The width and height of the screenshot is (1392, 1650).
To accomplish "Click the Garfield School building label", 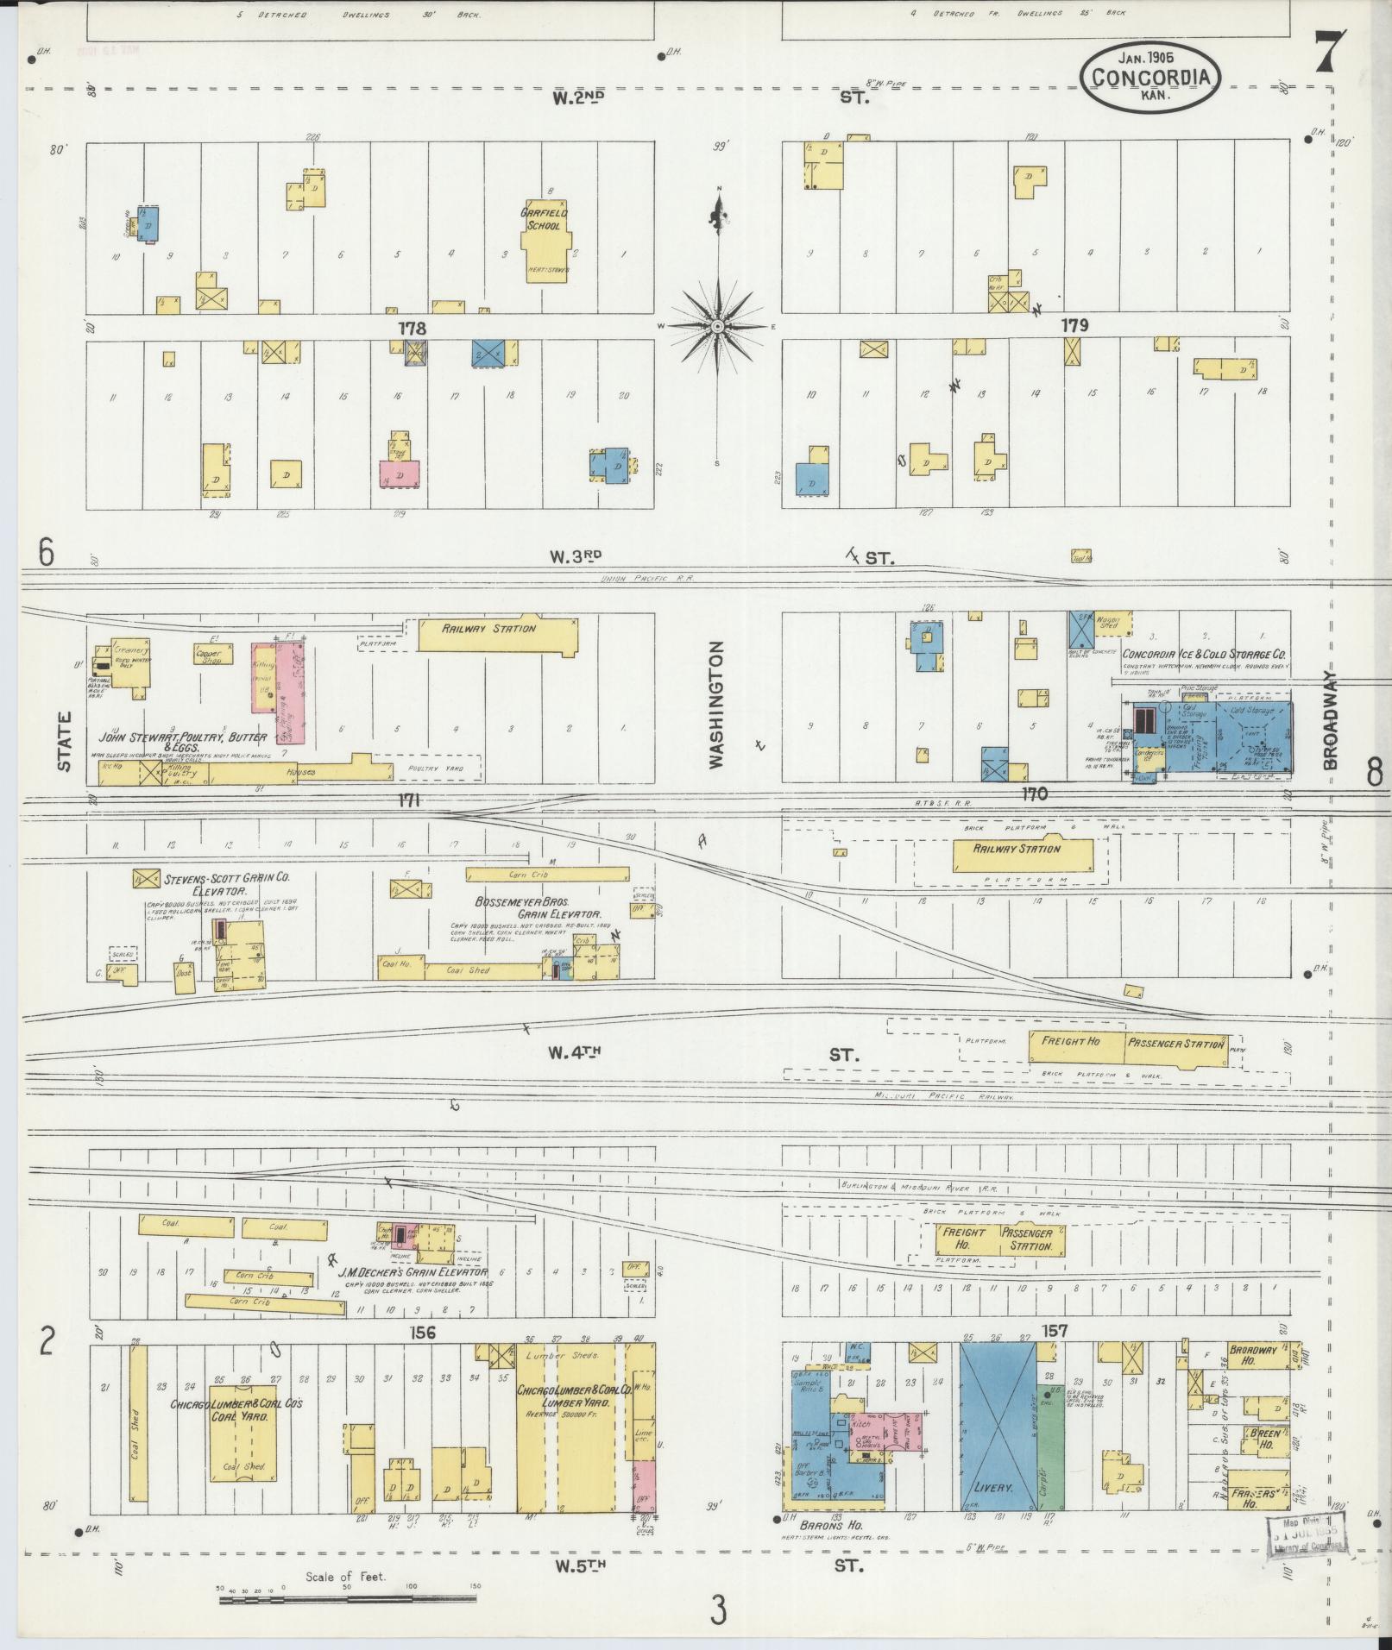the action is pyautogui.click(x=539, y=219).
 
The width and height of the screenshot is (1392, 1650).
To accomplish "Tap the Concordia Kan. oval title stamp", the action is pyautogui.click(x=1150, y=78).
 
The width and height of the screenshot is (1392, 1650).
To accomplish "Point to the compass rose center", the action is pyautogui.click(x=717, y=327).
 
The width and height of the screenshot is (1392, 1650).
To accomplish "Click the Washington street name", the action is pyautogui.click(x=715, y=704).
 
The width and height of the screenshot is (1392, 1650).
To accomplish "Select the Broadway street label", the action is pyautogui.click(x=1330, y=720).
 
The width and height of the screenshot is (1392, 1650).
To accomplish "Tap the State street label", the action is pyautogui.click(x=64, y=741).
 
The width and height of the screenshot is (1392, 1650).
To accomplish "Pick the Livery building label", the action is pyautogui.click(x=992, y=1488).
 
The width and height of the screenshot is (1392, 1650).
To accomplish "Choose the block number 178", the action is pyautogui.click(x=412, y=328).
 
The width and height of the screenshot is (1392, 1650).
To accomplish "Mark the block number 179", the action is pyautogui.click(x=1074, y=325).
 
